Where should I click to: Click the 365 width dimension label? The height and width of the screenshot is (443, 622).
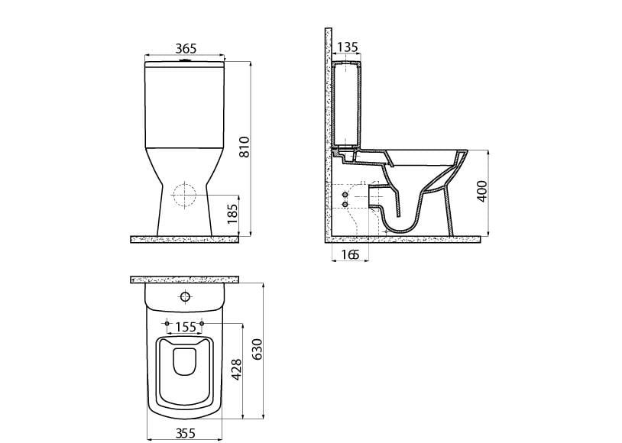point(186,48)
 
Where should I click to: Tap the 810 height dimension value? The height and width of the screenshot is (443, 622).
point(245,147)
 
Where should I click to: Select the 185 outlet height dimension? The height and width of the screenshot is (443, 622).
point(232,213)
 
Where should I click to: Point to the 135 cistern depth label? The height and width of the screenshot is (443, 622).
point(347,47)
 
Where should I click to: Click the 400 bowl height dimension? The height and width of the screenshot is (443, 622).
point(481,191)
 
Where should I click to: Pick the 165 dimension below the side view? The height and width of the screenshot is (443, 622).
point(349,254)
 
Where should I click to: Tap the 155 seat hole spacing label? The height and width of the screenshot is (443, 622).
point(186,327)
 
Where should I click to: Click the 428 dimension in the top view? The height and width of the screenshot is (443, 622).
point(236,370)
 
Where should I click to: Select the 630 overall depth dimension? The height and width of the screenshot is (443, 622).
point(257,349)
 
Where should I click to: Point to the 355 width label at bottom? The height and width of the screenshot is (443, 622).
point(185,432)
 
